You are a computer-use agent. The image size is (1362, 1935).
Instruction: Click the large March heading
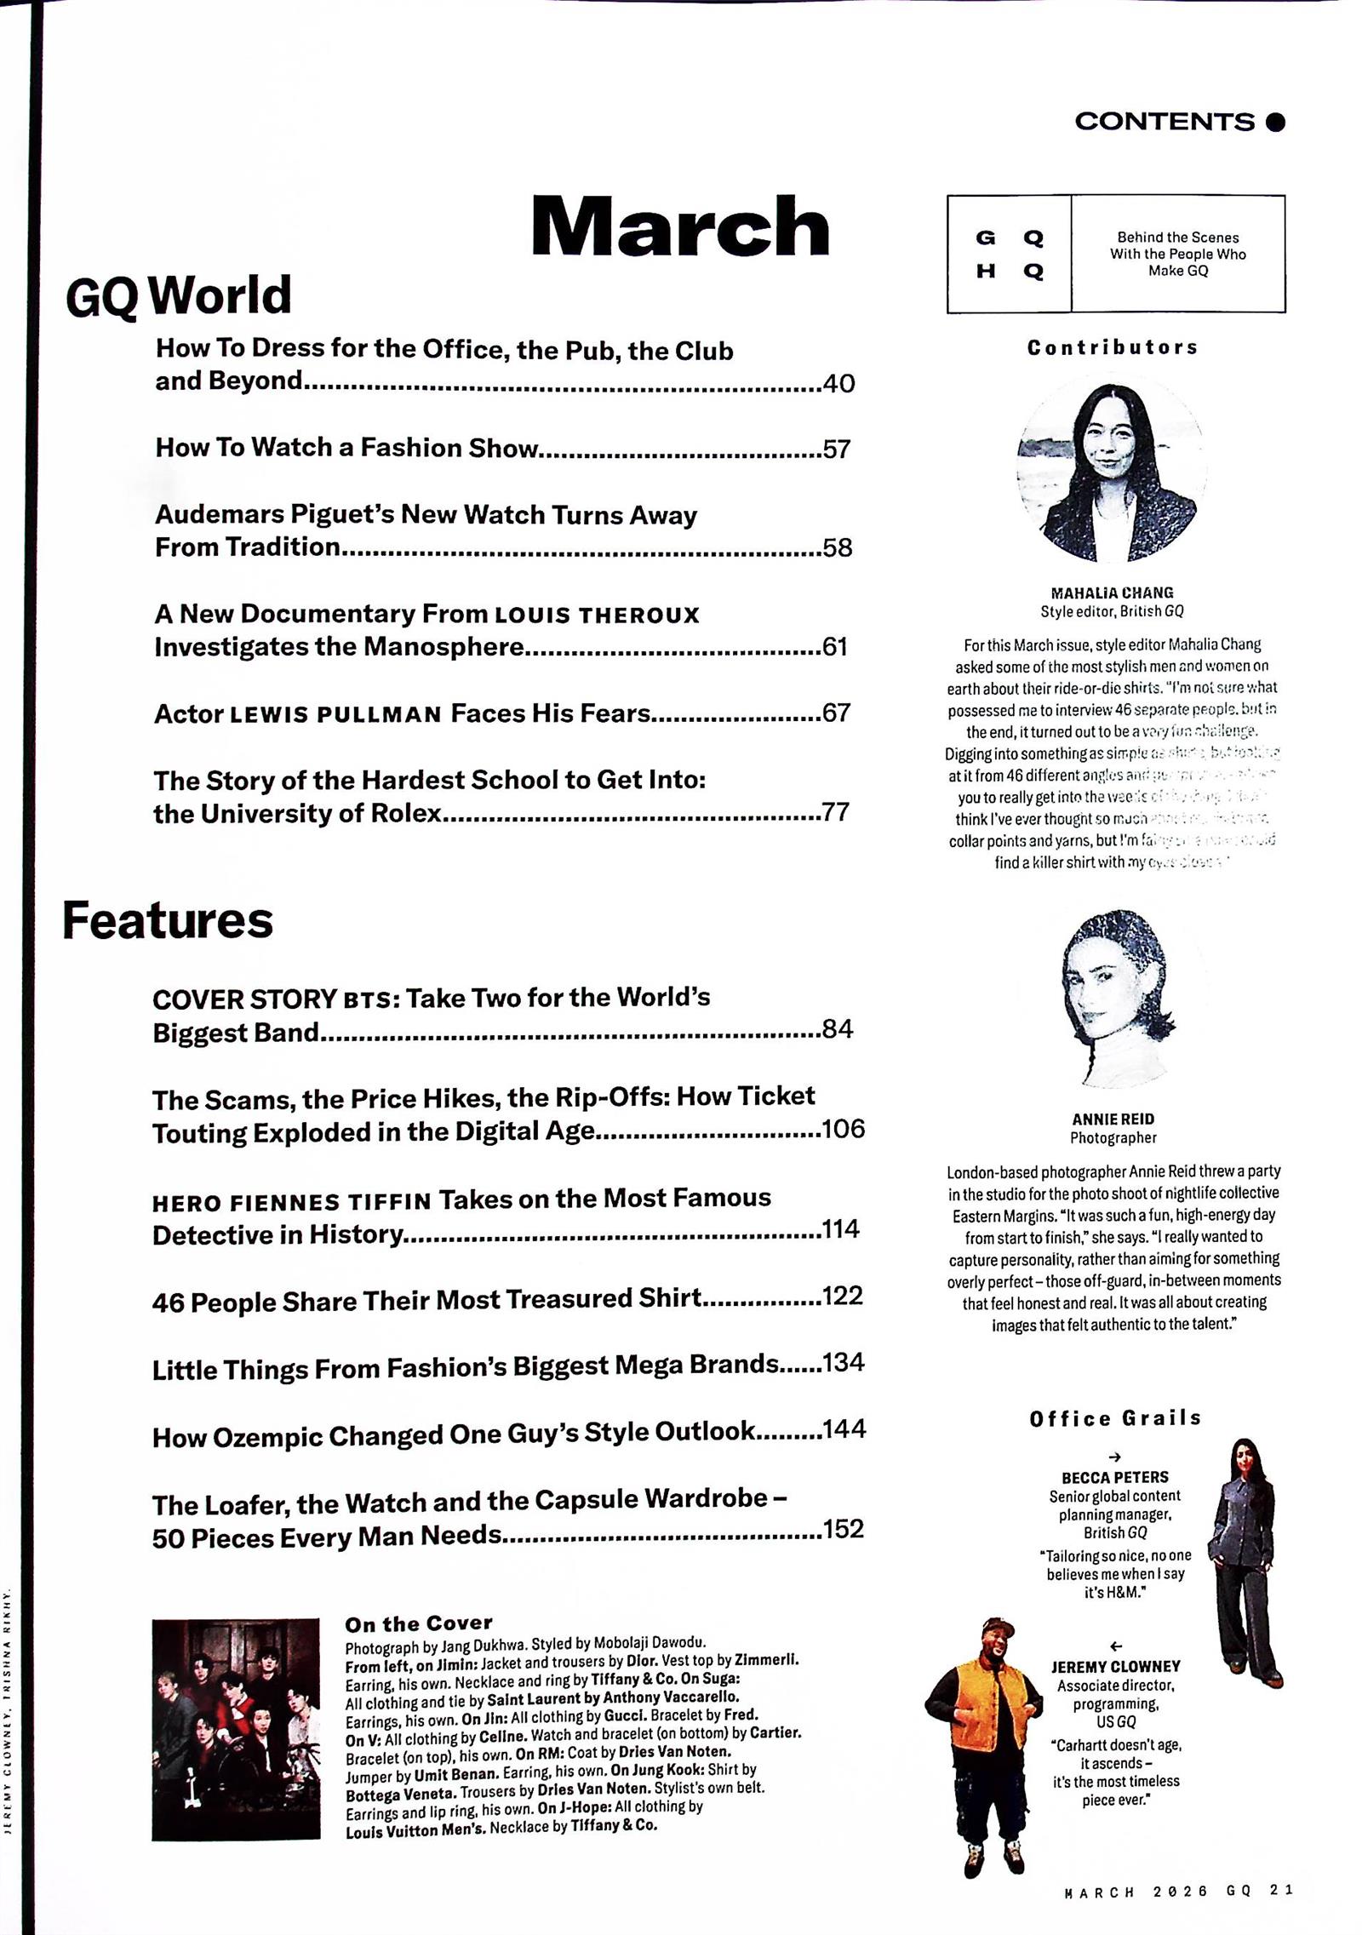(679, 226)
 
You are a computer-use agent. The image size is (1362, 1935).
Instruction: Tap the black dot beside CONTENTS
(1275, 123)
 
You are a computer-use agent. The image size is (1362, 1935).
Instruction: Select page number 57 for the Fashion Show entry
(836, 449)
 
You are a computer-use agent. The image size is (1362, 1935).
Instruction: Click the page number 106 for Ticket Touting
(843, 1129)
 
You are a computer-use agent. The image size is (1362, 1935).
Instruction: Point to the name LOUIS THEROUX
(597, 615)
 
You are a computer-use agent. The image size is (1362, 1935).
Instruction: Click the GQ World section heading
(179, 296)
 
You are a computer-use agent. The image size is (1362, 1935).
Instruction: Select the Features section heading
(168, 921)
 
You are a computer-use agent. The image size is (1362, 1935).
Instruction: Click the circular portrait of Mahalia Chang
(1111, 470)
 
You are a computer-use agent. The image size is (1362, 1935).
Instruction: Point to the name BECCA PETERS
(1114, 1477)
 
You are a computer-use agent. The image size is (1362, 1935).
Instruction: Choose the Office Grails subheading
(1114, 1418)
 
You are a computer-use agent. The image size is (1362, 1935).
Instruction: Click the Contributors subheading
(1112, 347)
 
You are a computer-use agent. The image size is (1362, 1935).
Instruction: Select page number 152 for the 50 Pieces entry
(843, 1529)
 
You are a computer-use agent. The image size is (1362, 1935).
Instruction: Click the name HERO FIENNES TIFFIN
(292, 1203)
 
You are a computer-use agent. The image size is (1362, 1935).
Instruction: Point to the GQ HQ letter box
(1009, 254)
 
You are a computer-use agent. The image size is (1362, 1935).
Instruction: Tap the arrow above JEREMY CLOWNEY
(1116, 1646)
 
